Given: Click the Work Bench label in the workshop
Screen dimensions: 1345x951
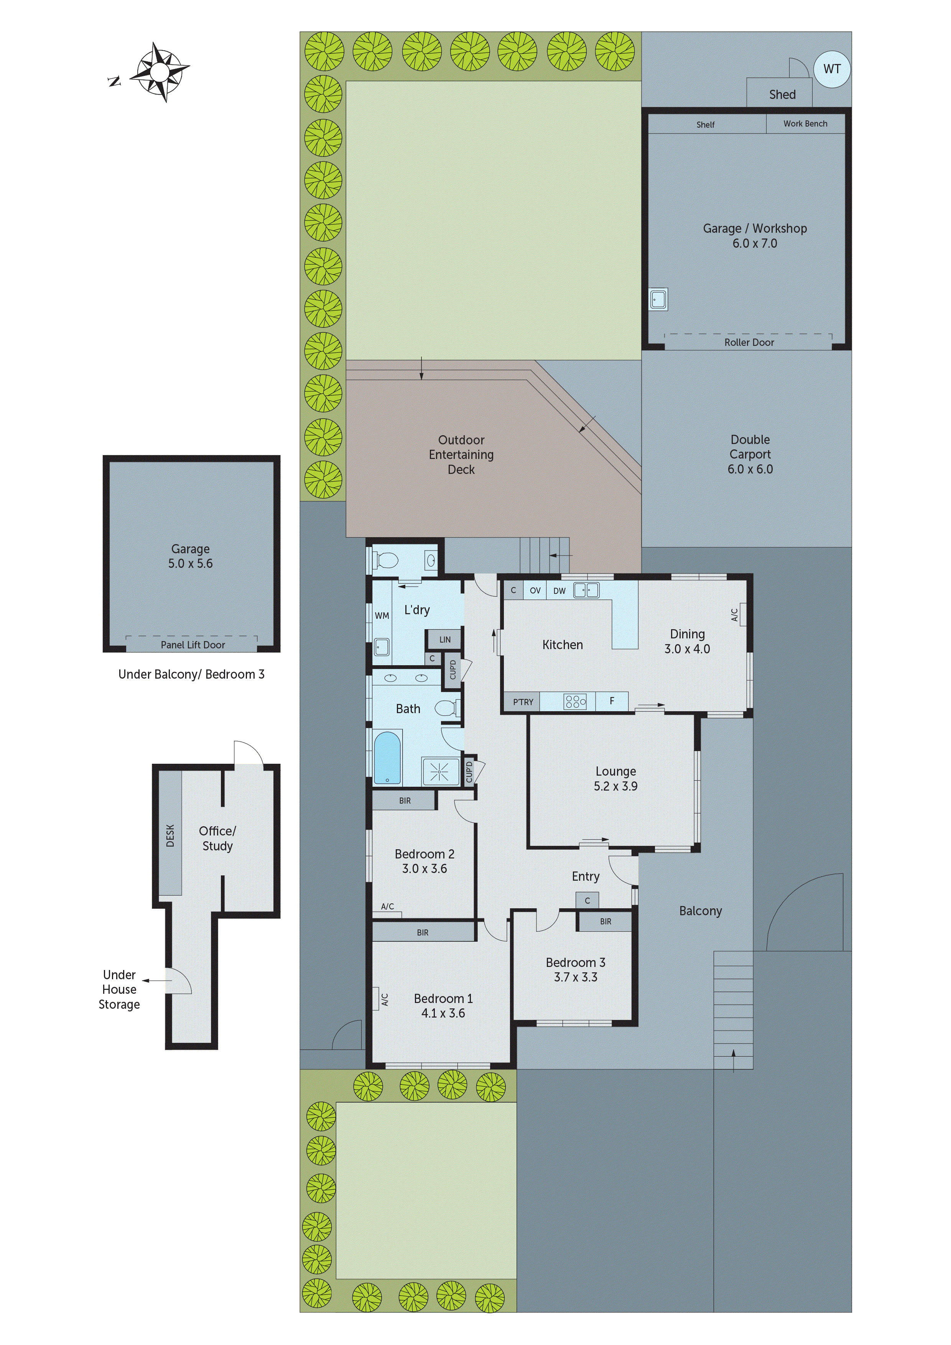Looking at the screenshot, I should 805,123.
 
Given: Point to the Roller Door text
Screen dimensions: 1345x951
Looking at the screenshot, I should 749,342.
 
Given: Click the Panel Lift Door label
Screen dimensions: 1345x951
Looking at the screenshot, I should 193,645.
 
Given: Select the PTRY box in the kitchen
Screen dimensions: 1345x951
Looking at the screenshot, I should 523,702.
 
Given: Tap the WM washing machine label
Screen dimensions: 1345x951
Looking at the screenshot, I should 382,616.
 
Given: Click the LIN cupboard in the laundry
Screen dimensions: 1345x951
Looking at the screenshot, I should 445,640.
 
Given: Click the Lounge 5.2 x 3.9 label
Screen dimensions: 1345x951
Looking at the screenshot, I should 615,779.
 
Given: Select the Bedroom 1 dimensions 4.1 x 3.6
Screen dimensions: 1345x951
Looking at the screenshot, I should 443,1013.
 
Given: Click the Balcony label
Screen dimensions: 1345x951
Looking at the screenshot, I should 700,911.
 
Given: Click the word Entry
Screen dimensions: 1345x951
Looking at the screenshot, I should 586,876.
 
